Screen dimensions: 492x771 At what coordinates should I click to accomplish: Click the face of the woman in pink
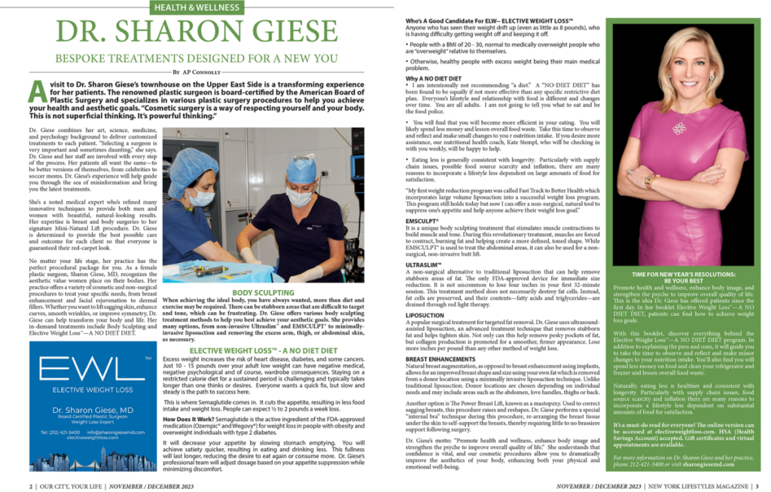(690, 68)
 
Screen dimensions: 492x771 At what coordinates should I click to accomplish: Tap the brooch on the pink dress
(679, 128)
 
